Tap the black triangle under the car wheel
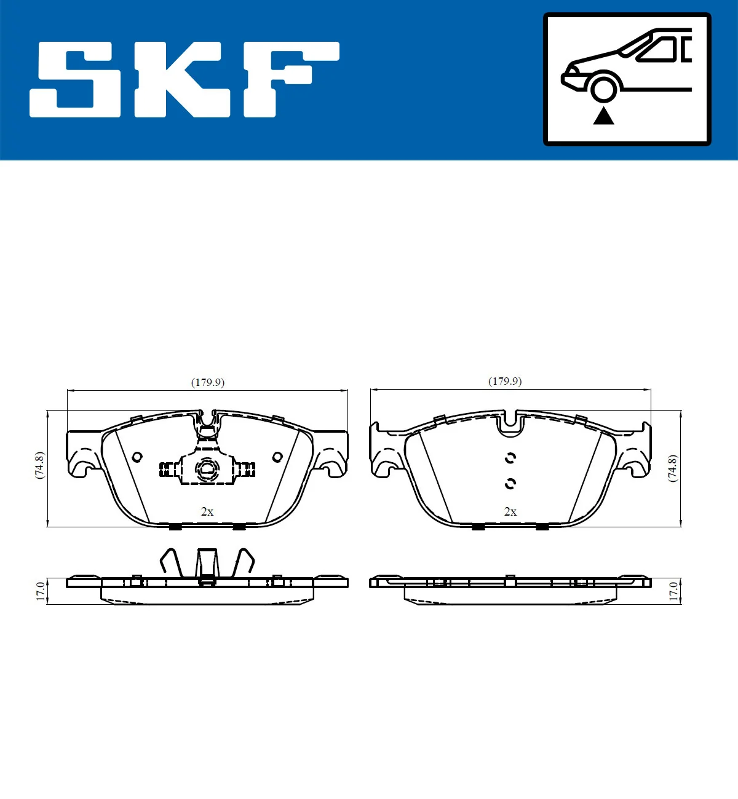click(x=604, y=116)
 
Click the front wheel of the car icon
click(x=603, y=87)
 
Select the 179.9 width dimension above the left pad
click(x=208, y=382)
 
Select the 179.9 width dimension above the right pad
click(x=505, y=381)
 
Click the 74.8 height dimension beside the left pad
click(x=39, y=465)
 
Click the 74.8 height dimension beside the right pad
click(x=672, y=468)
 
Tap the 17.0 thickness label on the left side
click(x=40, y=591)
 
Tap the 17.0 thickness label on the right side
click(x=673, y=591)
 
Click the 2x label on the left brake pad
click(x=207, y=511)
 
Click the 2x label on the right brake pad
click(x=510, y=511)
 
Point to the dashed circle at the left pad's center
click(x=207, y=470)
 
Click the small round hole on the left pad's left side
click(x=137, y=456)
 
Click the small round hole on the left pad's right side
click(x=277, y=457)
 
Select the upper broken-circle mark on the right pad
click(x=510, y=458)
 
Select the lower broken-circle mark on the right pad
click(x=510, y=484)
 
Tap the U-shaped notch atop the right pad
click(x=510, y=423)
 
